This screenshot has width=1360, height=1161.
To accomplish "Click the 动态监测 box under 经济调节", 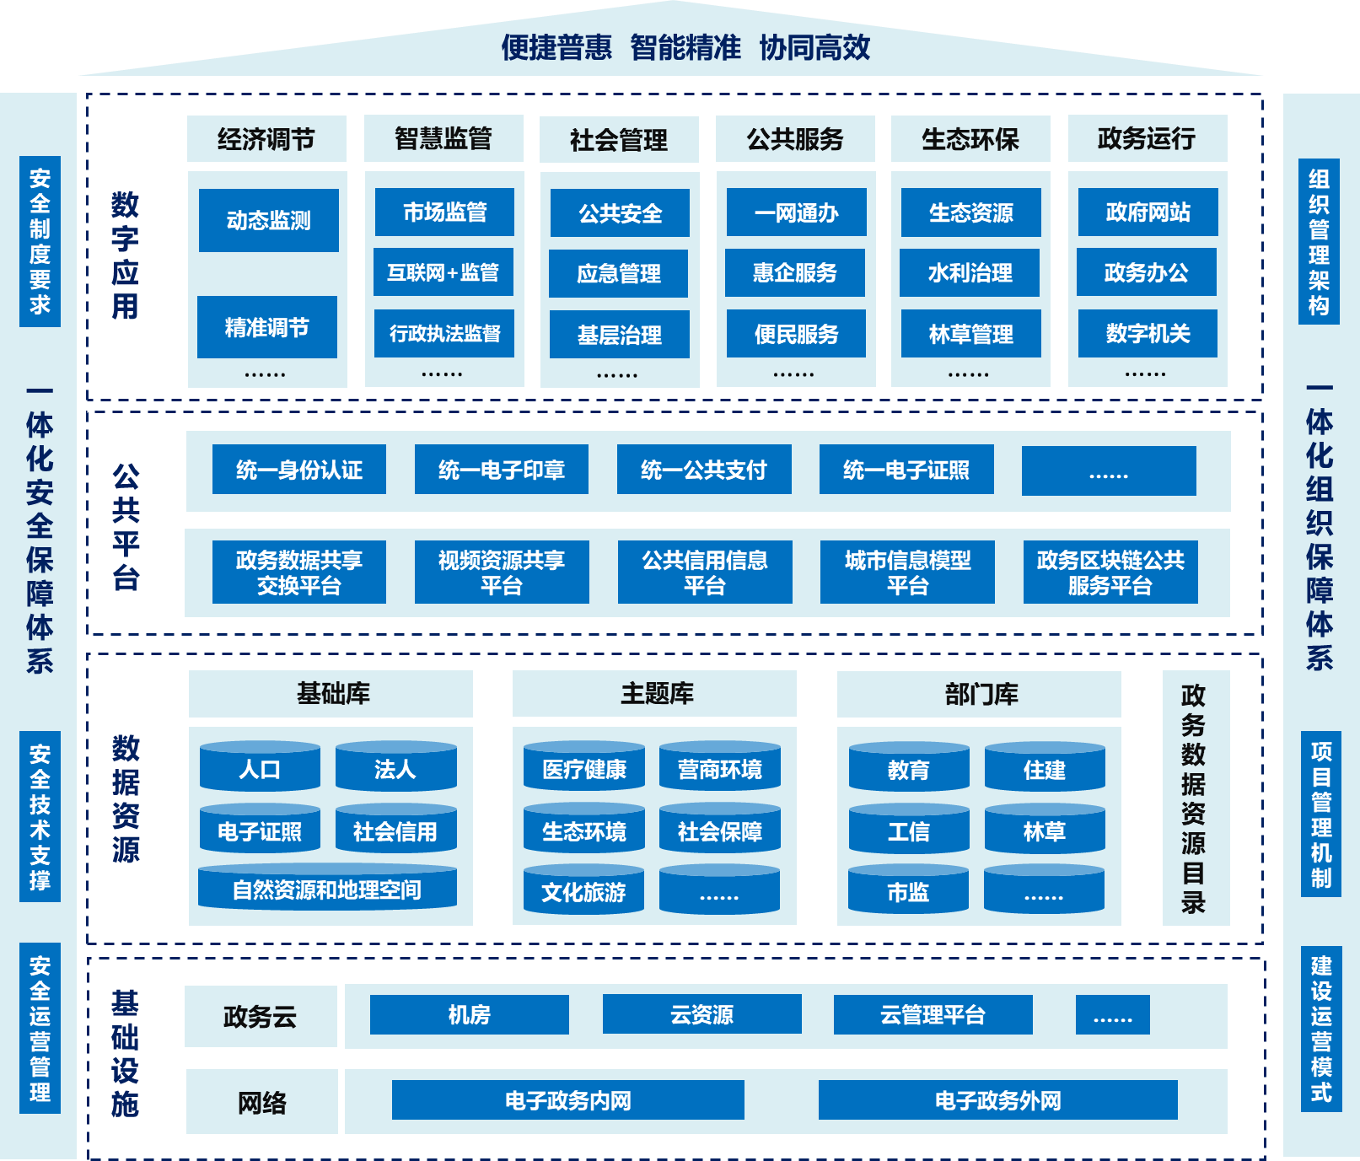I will click(x=269, y=220).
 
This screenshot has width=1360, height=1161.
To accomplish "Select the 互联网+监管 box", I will click(x=443, y=272).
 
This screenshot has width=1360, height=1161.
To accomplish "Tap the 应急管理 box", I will click(x=619, y=273).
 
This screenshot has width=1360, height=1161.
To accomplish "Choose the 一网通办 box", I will click(x=796, y=212).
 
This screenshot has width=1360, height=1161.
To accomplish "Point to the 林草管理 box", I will click(x=970, y=334).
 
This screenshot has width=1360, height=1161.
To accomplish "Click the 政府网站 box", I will click(x=1148, y=212).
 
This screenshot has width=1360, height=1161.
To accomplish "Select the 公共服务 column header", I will click(x=795, y=139).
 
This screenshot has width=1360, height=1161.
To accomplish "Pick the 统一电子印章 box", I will click(x=502, y=470).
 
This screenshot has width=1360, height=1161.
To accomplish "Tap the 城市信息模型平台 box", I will click(x=907, y=572).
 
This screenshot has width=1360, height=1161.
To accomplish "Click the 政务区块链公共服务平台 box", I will click(x=1110, y=572).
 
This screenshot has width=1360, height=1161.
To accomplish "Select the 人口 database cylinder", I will click(x=260, y=767).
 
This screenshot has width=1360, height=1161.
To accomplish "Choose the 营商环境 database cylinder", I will click(x=719, y=767).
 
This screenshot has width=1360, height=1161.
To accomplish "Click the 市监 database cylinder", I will click(x=908, y=890).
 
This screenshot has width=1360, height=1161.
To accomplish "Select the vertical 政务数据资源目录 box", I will click(x=1195, y=798).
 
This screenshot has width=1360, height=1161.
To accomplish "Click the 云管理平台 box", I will click(x=933, y=1014).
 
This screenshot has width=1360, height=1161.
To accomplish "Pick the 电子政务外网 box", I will click(x=997, y=1100).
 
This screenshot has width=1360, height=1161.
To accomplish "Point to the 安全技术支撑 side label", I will click(x=40, y=816).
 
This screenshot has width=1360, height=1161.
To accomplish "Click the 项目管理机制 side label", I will click(x=1320, y=814).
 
